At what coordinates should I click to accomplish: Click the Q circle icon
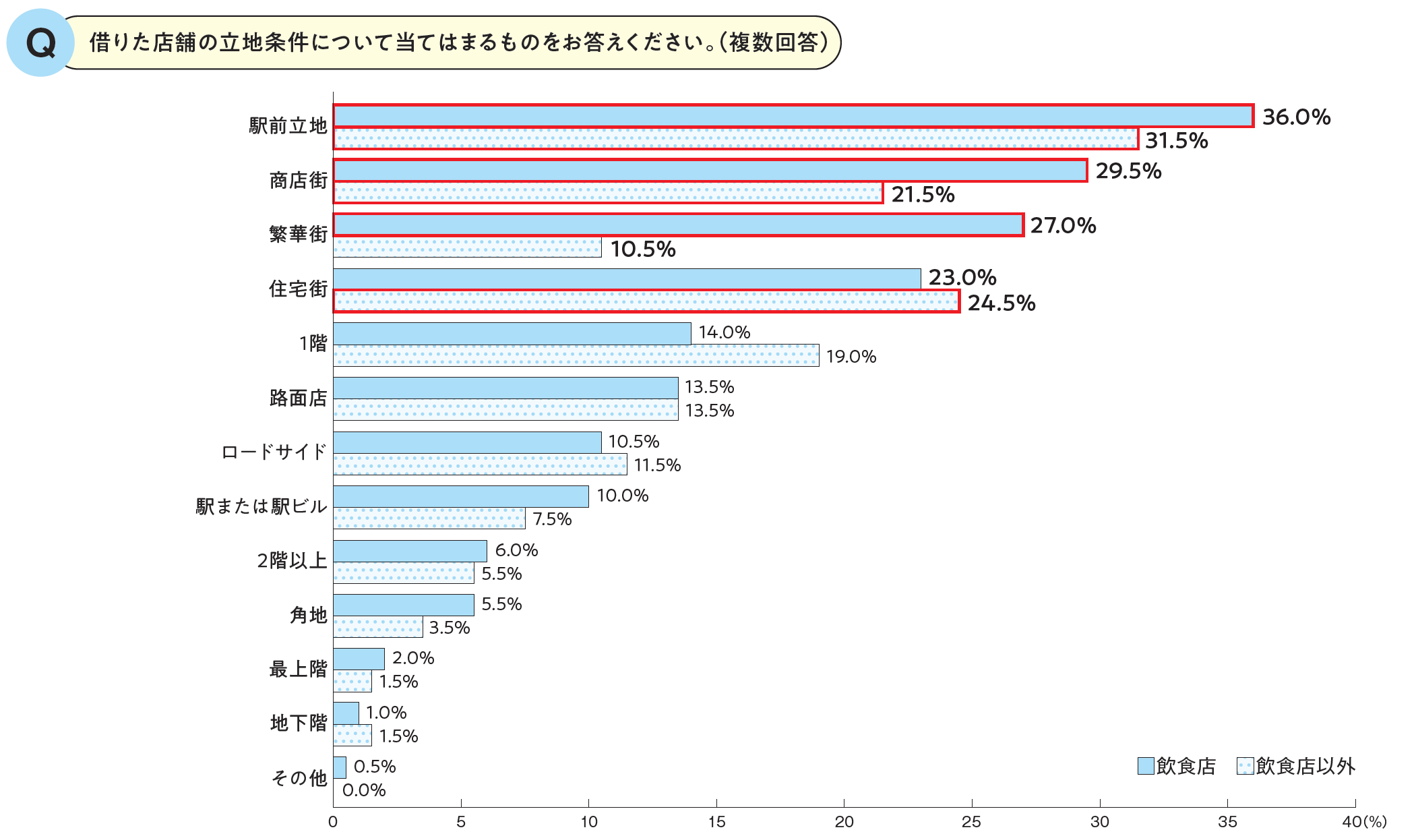tap(40, 43)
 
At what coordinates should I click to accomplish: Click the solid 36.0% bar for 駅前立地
tap(793, 116)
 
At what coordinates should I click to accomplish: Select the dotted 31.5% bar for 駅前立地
tap(735, 139)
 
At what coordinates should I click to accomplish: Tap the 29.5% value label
tap(1128, 171)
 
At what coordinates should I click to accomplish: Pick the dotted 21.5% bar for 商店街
tap(608, 193)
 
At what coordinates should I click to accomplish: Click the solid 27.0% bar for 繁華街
tap(678, 225)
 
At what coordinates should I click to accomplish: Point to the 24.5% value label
tap(1002, 303)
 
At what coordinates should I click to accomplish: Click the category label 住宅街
tap(298, 289)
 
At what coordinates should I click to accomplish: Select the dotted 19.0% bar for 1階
tap(576, 355)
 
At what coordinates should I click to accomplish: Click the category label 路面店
tap(298, 398)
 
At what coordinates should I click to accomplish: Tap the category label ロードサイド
tap(274, 452)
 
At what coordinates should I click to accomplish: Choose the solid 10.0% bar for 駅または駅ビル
tap(461, 497)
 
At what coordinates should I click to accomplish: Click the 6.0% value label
tap(516, 551)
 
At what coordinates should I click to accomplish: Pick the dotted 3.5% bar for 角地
tap(378, 627)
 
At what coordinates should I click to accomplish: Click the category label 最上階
tap(298, 670)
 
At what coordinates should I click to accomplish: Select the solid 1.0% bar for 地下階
tap(346, 713)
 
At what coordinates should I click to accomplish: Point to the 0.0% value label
tap(364, 790)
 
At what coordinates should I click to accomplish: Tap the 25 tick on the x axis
tap(971, 822)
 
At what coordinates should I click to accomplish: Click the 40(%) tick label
tap(1364, 822)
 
